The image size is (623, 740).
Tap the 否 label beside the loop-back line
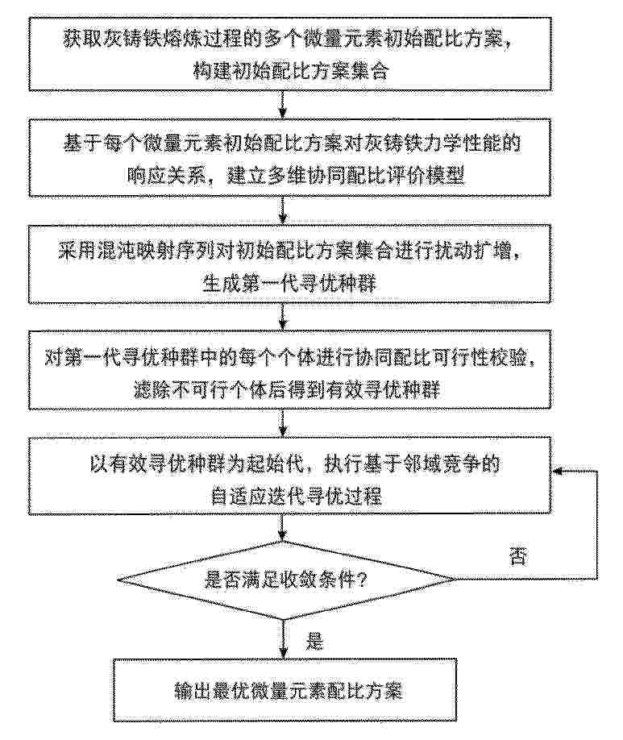click(517, 556)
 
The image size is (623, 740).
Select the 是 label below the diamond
click(314, 642)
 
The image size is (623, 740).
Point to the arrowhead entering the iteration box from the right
click(558, 471)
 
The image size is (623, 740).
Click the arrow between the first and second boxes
click(282, 104)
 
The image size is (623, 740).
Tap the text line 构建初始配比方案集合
click(290, 71)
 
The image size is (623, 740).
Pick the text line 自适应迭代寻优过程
click(296, 497)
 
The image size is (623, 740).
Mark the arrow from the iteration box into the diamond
click(282, 527)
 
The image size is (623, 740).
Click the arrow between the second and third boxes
click(282, 210)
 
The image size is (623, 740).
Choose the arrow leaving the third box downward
click(282, 316)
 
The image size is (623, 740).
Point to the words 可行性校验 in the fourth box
click(482, 358)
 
